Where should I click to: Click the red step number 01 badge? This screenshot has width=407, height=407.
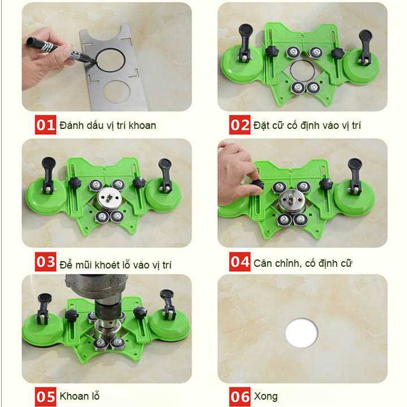(x=45, y=125)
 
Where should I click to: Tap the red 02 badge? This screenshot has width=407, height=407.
(x=240, y=125)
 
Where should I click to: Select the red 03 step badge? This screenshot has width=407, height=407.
(x=45, y=262)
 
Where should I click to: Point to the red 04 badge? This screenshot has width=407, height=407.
(x=240, y=262)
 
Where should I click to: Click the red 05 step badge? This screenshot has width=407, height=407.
(x=45, y=397)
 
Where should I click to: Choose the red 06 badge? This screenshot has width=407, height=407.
(x=240, y=397)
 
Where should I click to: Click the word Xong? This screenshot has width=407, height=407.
(x=266, y=396)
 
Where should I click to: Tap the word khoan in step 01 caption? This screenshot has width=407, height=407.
(x=142, y=125)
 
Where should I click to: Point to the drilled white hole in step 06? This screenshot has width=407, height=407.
(x=301, y=333)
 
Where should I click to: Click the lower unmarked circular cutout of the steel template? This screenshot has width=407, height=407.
(x=116, y=92)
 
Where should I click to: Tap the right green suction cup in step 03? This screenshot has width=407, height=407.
(x=162, y=194)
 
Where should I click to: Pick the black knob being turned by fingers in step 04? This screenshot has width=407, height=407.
(x=257, y=185)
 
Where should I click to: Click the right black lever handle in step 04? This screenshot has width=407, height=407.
(x=354, y=175)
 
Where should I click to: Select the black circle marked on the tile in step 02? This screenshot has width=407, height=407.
(x=302, y=71)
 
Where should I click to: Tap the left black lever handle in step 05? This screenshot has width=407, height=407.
(x=44, y=308)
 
